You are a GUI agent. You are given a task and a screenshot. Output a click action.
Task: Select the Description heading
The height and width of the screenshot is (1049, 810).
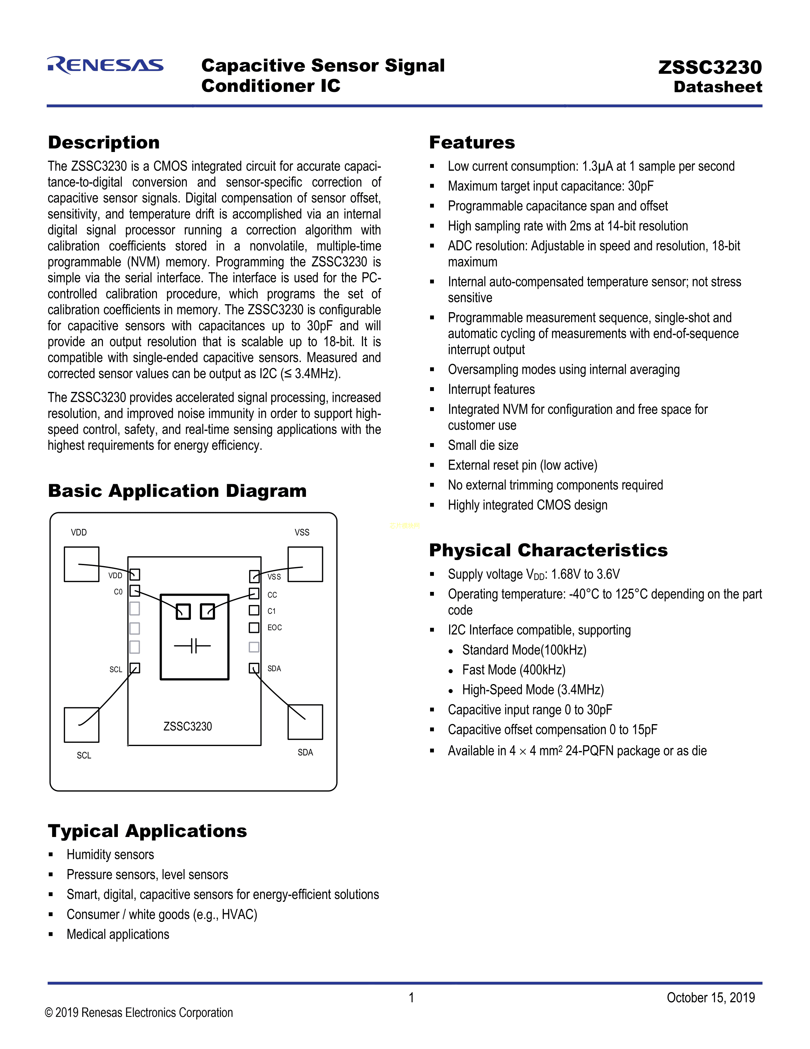(x=104, y=143)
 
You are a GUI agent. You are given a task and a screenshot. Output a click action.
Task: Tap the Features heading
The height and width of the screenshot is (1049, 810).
(x=472, y=143)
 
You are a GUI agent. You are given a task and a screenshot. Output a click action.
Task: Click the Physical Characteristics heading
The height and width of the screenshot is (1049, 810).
(x=548, y=551)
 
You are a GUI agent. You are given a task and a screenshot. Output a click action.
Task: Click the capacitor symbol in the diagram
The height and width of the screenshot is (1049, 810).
(x=192, y=646)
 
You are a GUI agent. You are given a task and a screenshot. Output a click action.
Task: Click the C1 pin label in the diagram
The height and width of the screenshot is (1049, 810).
(x=272, y=611)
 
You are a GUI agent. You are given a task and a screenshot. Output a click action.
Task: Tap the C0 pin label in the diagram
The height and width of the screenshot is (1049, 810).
(x=118, y=592)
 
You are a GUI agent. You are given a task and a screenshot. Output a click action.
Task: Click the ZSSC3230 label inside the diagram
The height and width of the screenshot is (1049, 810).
(x=188, y=726)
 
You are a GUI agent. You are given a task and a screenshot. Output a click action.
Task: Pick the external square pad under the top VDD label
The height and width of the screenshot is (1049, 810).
(x=82, y=564)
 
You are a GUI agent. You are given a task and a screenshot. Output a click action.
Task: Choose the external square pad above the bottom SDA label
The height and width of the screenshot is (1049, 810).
(x=305, y=722)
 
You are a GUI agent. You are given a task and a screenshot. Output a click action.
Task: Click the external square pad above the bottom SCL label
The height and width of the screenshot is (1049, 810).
(x=82, y=725)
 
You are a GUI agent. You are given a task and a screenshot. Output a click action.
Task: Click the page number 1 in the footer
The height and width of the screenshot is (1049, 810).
(x=411, y=998)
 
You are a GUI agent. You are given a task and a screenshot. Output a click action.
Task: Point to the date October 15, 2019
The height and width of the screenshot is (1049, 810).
(x=710, y=998)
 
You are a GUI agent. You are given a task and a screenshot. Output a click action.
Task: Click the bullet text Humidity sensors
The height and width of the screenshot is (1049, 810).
(x=110, y=855)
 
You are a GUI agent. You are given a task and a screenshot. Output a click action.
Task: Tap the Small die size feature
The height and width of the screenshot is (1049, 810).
(x=483, y=445)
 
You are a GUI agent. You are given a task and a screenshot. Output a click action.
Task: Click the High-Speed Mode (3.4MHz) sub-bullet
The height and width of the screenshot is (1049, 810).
(x=533, y=690)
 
